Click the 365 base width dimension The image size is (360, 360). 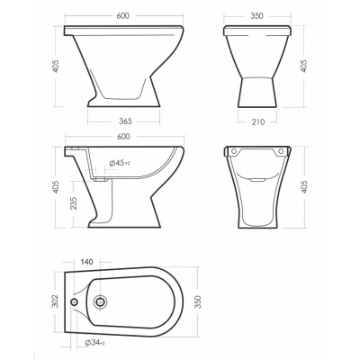[125, 121]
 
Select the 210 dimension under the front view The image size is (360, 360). [258, 121]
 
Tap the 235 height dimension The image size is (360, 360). [74, 203]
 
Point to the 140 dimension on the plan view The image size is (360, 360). [87, 262]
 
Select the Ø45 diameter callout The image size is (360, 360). [120, 163]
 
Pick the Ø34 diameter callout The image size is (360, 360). [94, 343]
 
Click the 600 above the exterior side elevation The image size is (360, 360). [123, 15]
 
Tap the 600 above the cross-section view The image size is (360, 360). [123, 137]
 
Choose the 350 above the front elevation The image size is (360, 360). [256, 15]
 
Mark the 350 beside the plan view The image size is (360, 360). [198, 301]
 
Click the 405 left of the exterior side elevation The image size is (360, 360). [56, 67]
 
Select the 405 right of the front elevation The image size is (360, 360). [303, 66]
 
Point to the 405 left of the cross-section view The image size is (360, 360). [56, 187]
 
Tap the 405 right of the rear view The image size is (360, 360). [303, 187]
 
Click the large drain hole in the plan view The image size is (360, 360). [100, 301]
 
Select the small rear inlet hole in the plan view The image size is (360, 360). [74, 302]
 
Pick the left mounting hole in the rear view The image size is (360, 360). [234, 151]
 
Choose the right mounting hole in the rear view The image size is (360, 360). [281, 151]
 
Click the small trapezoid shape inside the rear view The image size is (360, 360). [257, 180]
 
